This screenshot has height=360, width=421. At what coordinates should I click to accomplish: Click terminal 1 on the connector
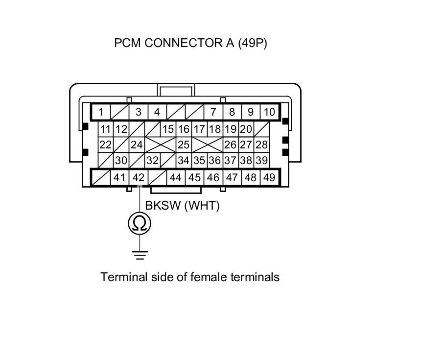100,112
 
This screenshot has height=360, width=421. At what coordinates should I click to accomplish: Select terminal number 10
269,112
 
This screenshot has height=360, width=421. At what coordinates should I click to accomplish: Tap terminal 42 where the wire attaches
139,177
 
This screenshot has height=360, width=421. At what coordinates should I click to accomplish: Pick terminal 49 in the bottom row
269,177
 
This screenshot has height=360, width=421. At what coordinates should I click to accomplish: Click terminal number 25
184,144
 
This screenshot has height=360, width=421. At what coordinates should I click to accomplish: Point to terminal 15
168,129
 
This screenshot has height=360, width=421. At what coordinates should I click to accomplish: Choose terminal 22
105,144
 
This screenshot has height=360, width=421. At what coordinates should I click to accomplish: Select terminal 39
261,160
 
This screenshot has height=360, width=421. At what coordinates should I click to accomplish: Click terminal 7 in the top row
213,112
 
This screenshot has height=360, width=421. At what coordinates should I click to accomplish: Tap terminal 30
121,160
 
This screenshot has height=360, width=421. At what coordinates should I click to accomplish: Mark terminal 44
176,177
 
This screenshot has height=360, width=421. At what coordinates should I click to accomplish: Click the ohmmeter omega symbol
140,223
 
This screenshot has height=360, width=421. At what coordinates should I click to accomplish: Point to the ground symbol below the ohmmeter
140,254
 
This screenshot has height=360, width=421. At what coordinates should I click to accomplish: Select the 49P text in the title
253,43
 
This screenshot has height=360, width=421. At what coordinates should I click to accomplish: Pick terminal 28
261,144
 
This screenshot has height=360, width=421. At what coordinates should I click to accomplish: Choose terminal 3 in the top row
139,112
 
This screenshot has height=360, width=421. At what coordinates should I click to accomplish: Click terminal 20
246,129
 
